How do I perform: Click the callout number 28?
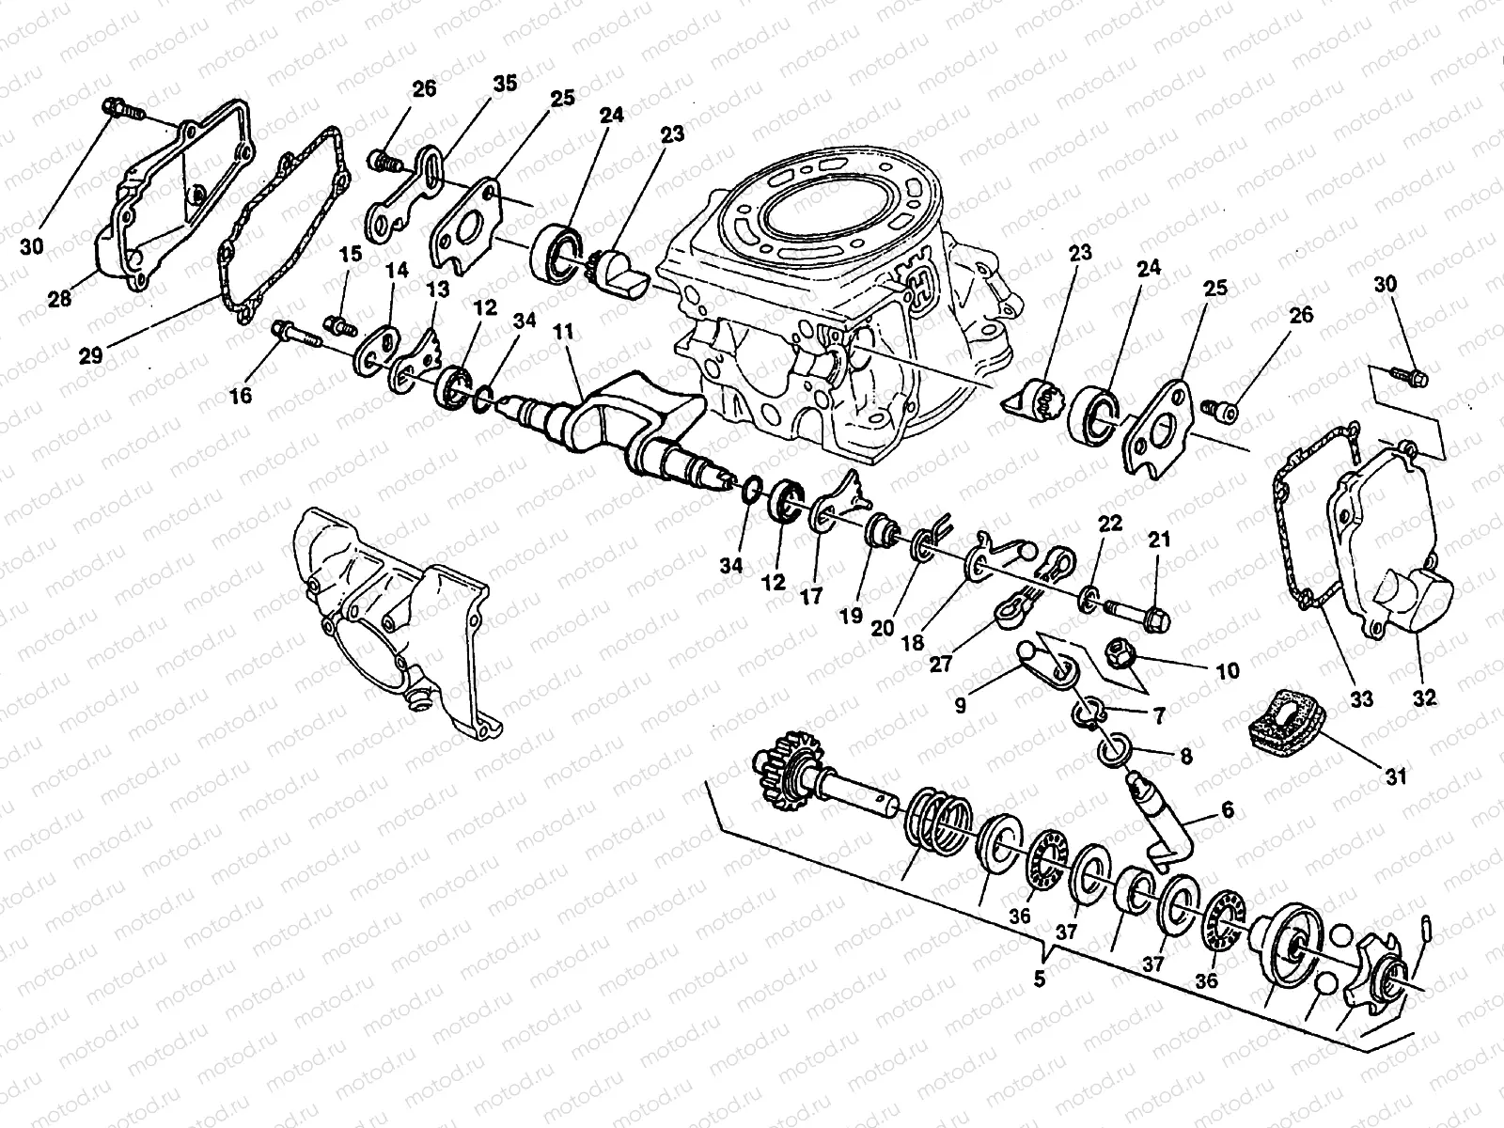[x=59, y=299]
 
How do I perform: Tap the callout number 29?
[x=90, y=355]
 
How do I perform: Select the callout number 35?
[x=505, y=84]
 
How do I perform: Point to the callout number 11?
[x=563, y=332]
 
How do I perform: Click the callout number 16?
[x=241, y=396]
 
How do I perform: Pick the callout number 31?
[x=1396, y=776]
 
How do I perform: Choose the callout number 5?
[x=1040, y=979]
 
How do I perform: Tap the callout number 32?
[x=1424, y=698]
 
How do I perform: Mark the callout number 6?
[x=1228, y=810]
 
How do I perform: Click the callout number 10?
[x=1228, y=670]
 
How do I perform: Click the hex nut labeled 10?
[x=1121, y=648]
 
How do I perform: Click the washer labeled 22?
[x=1089, y=599]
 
